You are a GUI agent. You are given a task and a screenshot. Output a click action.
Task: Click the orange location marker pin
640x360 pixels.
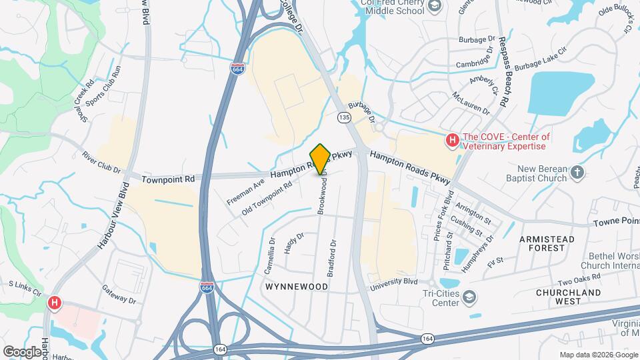[320, 159]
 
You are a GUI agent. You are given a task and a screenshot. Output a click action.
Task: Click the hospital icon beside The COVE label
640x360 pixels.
[452, 140]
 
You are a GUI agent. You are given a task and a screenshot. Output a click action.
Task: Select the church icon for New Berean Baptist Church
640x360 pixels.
[577, 173]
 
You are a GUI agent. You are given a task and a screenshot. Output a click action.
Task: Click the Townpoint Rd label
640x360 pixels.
[171, 179]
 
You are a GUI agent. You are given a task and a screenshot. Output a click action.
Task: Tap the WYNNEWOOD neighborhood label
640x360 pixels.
[297, 287]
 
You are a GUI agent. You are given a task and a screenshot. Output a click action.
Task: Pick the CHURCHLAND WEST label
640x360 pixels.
[555, 297]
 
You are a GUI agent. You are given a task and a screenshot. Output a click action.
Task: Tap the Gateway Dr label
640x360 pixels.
[119, 295]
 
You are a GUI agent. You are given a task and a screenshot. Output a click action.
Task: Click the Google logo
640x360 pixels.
[22, 351]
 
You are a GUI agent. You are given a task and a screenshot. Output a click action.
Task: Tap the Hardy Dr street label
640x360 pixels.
[294, 243]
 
